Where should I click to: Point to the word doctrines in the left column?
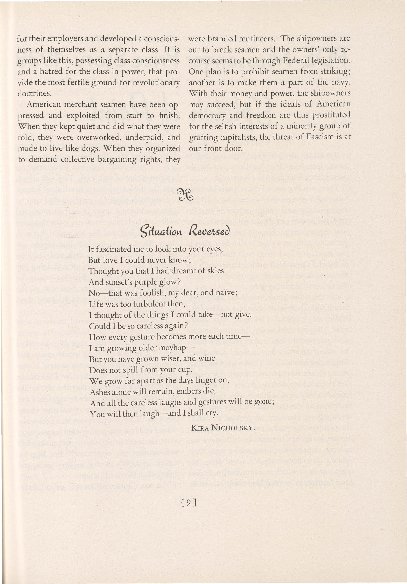(34, 94)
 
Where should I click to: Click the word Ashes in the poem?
(100, 392)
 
